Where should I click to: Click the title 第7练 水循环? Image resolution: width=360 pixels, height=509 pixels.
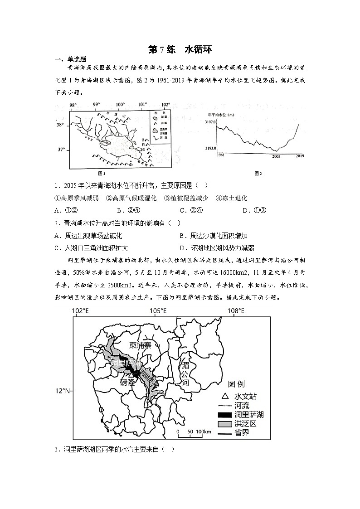click(x=180, y=49)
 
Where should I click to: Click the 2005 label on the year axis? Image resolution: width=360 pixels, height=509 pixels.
click(x=276, y=156)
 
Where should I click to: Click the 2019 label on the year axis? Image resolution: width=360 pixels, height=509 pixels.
click(x=300, y=156)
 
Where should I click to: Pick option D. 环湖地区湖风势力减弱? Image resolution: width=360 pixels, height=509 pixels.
click(x=217, y=248)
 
